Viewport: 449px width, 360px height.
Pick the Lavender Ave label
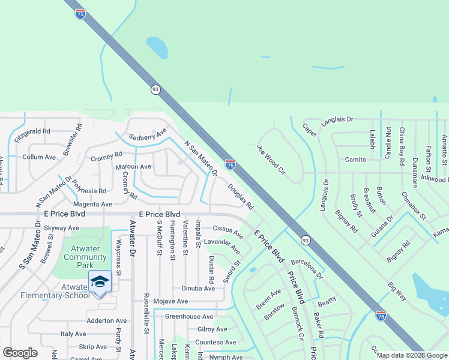tap(222, 245)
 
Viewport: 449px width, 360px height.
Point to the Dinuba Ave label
tap(198, 288)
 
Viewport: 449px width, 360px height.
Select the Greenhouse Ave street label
tap(189, 316)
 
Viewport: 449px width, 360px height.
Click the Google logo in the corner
tap(20, 353)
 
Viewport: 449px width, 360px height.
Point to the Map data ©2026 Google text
tap(412, 355)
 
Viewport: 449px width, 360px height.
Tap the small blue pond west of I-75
tap(157, 47)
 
